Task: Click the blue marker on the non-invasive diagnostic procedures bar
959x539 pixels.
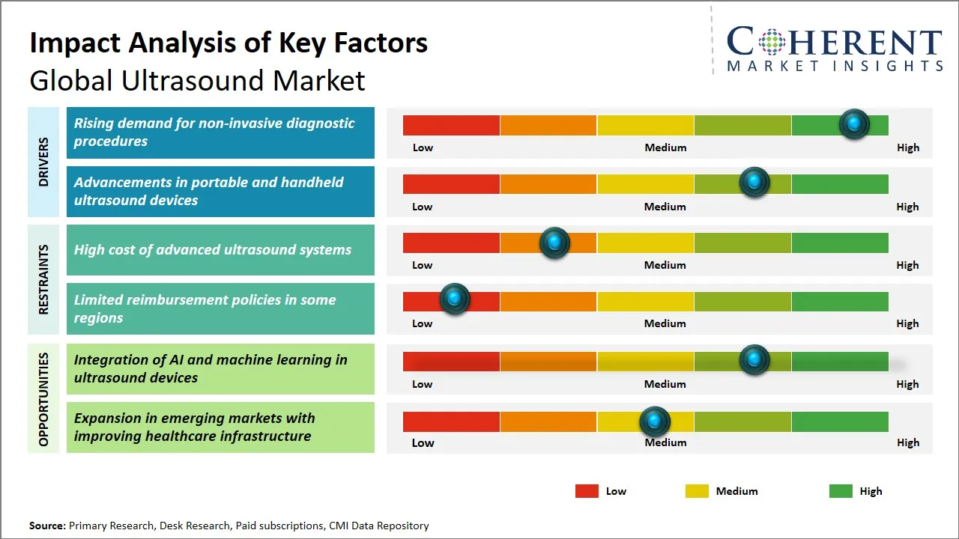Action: pos(853,124)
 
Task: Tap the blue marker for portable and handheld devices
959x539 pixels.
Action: pos(754,183)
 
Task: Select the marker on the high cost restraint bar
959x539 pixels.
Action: pos(554,243)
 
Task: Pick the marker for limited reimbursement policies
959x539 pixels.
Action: pos(454,299)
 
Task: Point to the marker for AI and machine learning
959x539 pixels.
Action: pos(754,360)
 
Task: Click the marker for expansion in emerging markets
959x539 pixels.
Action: pos(655,422)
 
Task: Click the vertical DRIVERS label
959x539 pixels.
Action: pos(43,162)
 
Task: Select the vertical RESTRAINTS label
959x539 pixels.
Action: pos(43,279)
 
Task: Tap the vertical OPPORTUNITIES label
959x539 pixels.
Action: pos(43,399)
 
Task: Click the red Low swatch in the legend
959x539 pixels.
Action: pos(587,491)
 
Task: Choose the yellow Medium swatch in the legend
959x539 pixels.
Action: pos(697,491)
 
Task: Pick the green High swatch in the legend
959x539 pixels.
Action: pos(841,491)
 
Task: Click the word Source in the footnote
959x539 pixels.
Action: pos(46,526)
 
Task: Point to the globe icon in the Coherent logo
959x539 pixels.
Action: pos(771,42)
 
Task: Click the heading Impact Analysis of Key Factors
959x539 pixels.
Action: pos(229,43)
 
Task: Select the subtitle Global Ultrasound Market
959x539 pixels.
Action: pos(197,81)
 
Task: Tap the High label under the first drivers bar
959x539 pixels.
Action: pos(908,147)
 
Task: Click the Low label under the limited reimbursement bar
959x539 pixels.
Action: pos(423,323)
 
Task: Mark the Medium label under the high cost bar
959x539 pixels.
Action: pos(665,265)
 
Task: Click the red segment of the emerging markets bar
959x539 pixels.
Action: pos(451,421)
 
